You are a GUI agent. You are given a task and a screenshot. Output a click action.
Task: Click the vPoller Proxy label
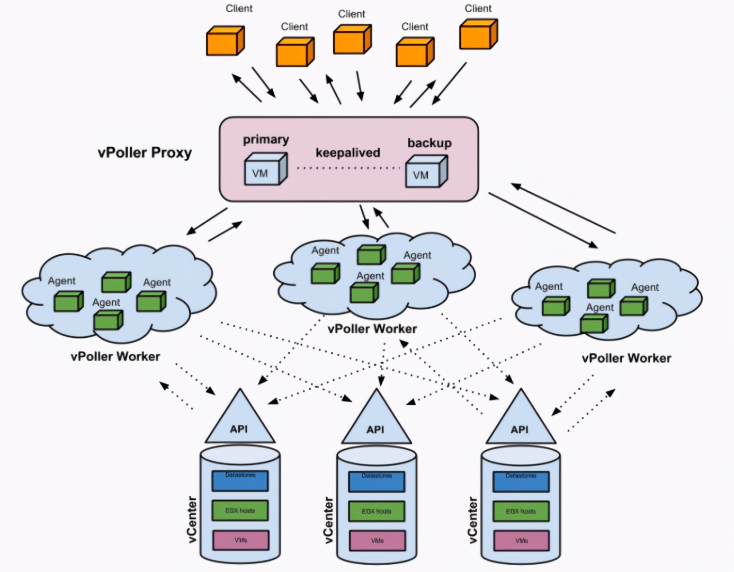tap(145, 153)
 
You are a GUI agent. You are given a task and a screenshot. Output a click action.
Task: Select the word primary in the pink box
tap(266, 140)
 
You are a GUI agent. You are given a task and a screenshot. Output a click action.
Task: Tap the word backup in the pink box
tap(429, 143)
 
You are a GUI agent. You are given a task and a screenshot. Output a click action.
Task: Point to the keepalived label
tap(348, 153)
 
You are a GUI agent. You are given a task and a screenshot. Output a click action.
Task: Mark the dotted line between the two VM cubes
tap(348, 168)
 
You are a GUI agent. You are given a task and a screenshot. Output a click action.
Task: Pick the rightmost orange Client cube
tap(478, 34)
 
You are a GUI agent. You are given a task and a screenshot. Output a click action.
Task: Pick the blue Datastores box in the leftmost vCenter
tap(240, 480)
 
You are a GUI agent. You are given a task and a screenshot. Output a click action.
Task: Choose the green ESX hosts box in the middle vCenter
tap(377, 511)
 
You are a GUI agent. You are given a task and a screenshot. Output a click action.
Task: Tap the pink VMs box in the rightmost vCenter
tap(522, 541)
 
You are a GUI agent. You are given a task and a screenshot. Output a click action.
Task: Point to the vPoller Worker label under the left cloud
tap(115, 356)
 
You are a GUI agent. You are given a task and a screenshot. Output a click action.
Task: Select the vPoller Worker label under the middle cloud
tap(372, 329)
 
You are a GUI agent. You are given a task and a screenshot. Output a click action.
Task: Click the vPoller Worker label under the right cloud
tap(626, 359)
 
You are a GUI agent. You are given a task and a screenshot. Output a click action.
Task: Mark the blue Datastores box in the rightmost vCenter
tap(521, 481)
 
